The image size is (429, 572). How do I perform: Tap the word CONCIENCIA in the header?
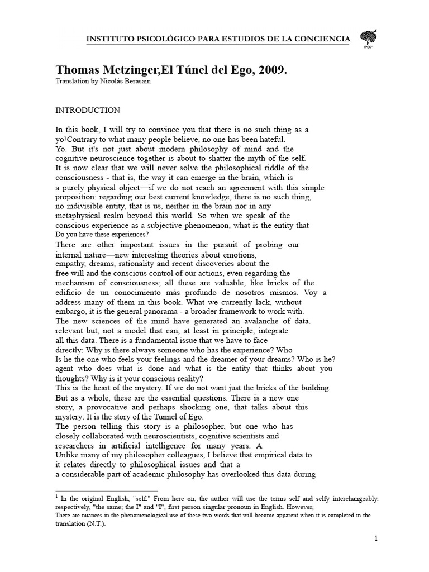pos(317,38)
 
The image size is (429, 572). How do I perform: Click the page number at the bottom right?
pos(376,539)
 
